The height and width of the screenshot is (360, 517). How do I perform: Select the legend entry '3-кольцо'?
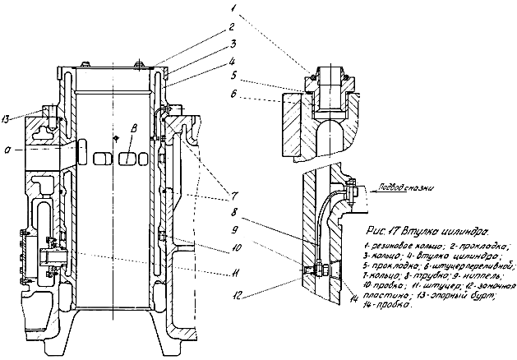point(381,256)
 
